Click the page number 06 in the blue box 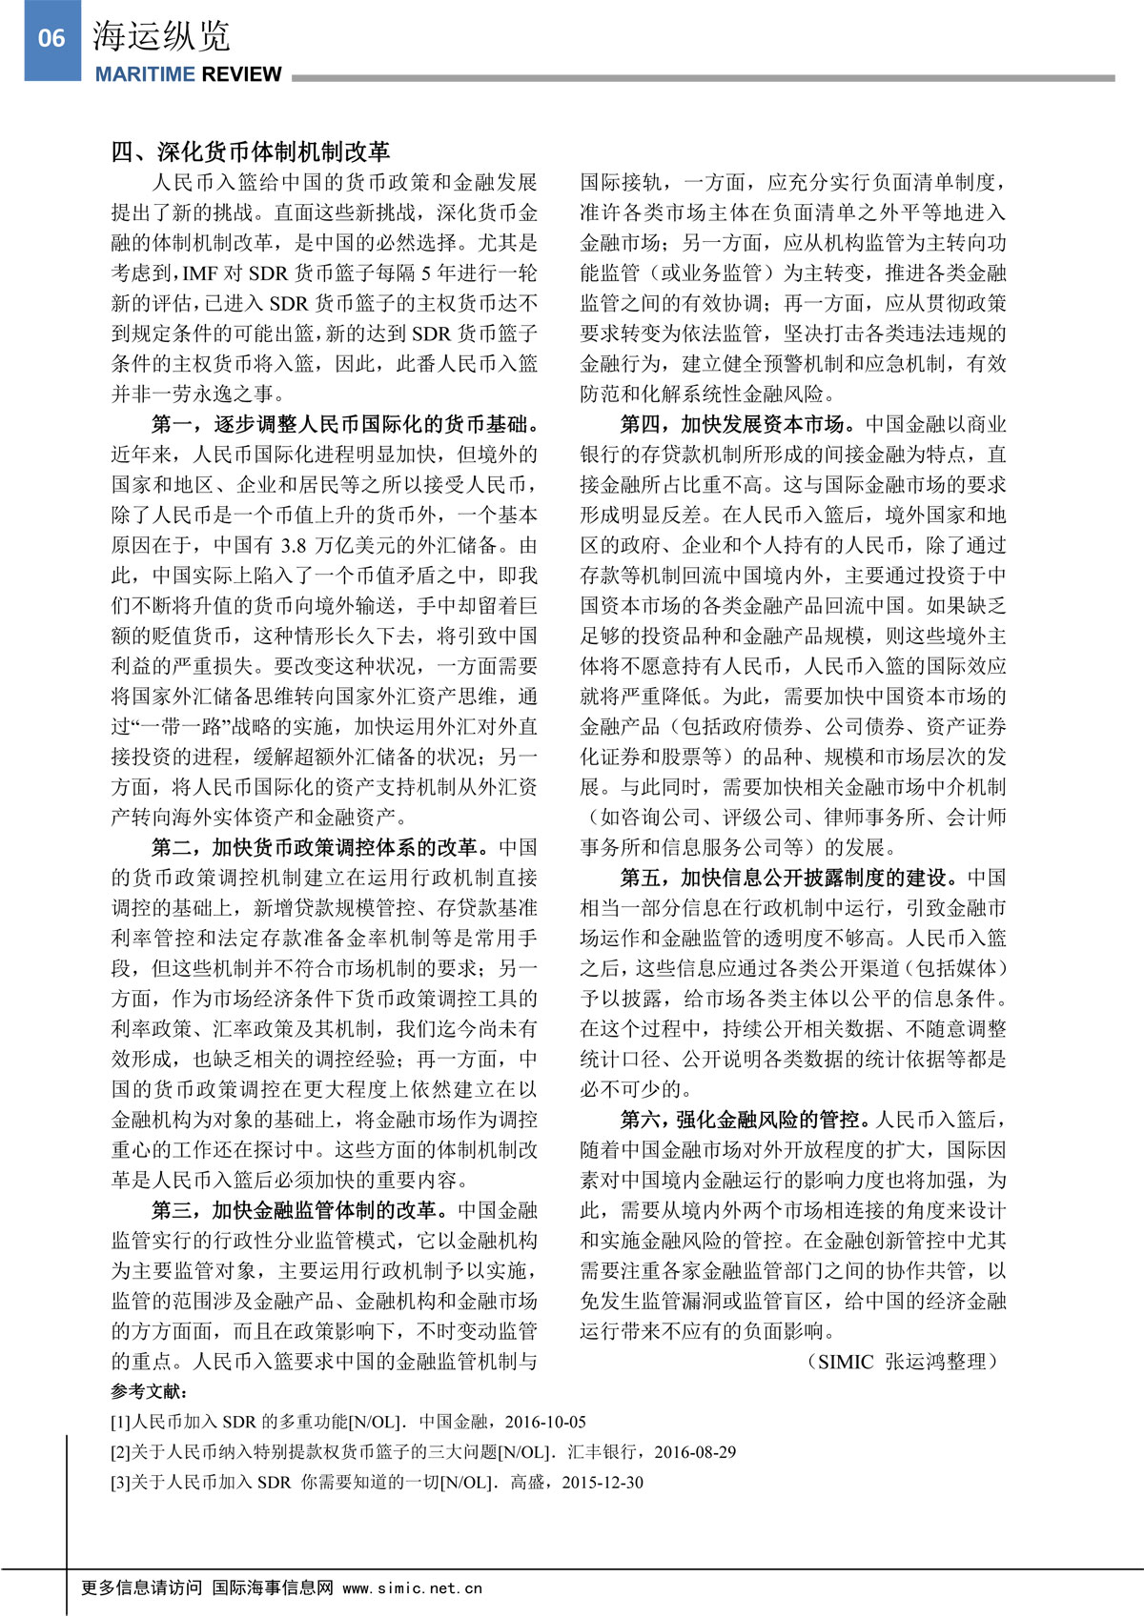point(51,39)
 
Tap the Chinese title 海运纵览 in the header point(161,37)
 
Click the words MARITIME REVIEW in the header point(188,74)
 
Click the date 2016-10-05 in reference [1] point(545,1423)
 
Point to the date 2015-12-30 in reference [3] point(603,1484)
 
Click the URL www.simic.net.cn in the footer point(412,1588)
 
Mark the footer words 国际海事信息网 point(273,1588)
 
